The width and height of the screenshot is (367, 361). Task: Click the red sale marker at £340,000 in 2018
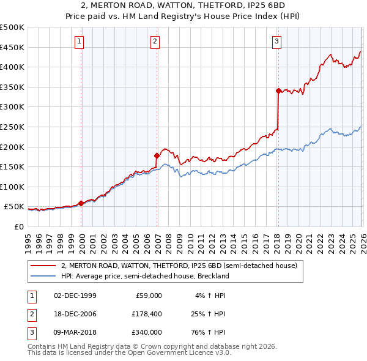[278, 91]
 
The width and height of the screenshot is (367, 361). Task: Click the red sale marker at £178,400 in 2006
[157, 155]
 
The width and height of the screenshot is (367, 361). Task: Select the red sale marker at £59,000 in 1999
[81, 203]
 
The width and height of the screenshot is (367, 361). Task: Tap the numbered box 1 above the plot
[80, 42]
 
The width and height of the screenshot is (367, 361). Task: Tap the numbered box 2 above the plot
[155, 42]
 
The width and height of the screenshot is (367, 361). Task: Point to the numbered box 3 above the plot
[276, 42]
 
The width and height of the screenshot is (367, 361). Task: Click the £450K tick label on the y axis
[12, 47]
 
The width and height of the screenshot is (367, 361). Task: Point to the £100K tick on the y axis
[12, 187]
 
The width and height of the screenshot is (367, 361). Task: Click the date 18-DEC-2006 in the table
[75, 314]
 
